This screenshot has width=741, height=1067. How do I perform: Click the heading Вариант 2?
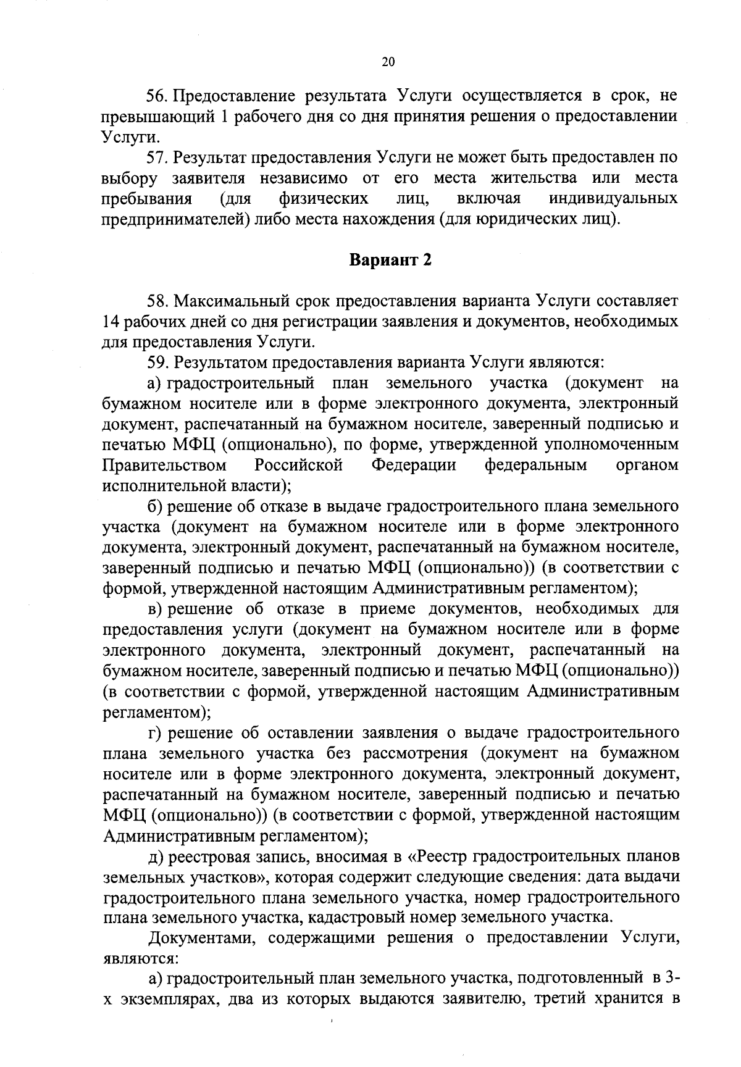click(390, 261)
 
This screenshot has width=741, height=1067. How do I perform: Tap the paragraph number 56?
click(157, 96)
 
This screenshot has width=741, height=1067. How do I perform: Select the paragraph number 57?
click(157, 157)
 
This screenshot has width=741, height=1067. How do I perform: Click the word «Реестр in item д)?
click(437, 857)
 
